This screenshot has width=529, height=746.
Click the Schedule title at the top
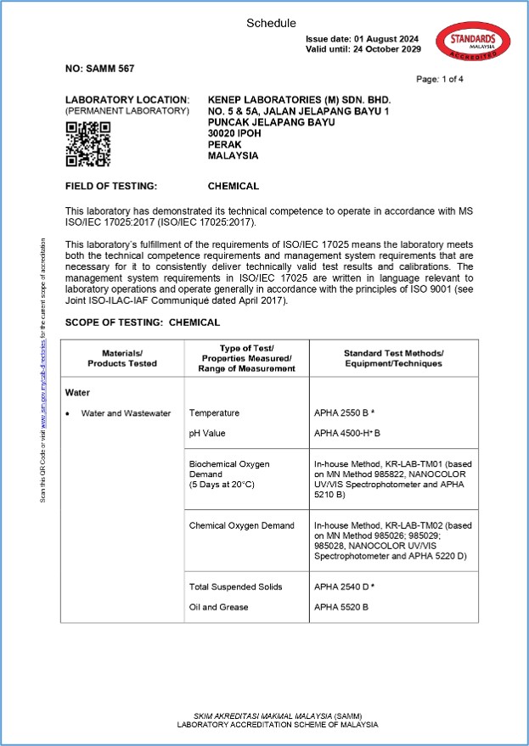tap(271, 23)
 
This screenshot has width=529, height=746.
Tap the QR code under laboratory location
tap(87, 143)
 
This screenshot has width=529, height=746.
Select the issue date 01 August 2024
tap(363, 39)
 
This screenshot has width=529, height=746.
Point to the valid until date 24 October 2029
tap(363, 49)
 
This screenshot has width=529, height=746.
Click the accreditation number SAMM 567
tap(100, 68)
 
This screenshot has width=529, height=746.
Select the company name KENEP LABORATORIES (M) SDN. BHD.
tap(299, 99)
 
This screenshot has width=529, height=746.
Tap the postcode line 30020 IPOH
tap(239, 133)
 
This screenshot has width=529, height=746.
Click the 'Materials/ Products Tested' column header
tap(122, 358)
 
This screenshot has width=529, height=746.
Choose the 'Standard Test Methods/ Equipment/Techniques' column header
tap(393, 358)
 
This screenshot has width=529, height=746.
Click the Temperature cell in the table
tap(214, 413)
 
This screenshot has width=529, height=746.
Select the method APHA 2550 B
tap(343, 413)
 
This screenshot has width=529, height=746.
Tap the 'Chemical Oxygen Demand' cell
tap(241, 526)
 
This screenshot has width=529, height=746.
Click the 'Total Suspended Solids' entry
tap(235, 586)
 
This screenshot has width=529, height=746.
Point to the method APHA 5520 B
tap(340, 607)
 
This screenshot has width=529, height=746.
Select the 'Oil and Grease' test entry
tap(218, 607)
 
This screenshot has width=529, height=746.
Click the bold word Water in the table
tap(78, 393)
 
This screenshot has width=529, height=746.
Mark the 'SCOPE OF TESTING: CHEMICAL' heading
tap(143, 323)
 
